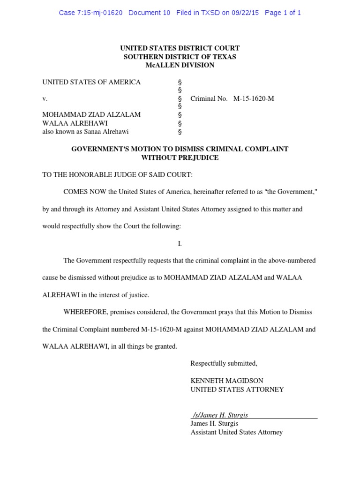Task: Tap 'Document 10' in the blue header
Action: pos(149,13)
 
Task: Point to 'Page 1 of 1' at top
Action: pos(283,13)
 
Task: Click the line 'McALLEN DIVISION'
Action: pos(180,65)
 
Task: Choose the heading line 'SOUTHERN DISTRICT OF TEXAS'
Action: pos(180,57)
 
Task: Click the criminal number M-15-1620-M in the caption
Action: pos(254,99)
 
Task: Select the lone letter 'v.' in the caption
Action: pos(45,99)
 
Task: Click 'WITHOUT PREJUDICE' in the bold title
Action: pos(180,157)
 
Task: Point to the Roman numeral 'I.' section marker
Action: pos(180,244)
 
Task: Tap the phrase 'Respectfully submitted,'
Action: pos(224,363)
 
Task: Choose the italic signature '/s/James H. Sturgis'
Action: pos(220,415)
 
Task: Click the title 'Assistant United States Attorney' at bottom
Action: pos(236,432)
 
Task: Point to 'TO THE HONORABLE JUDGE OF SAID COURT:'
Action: pos(117,175)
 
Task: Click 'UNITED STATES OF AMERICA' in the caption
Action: pos(91,82)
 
